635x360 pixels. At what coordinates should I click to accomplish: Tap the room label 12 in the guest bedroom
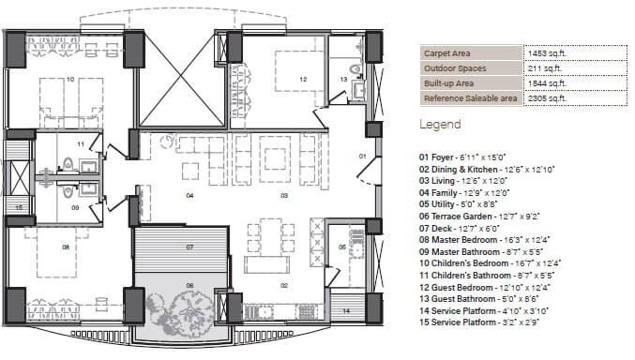[x=303, y=80]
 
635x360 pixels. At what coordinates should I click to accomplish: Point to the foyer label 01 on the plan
[x=362, y=156]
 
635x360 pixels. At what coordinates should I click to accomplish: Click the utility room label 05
[x=341, y=247]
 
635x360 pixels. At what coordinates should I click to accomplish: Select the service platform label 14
[x=345, y=309]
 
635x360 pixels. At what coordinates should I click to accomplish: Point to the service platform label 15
[x=18, y=206]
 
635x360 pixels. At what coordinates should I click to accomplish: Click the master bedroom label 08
[x=66, y=247]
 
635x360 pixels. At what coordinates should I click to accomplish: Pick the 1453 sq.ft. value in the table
[x=547, y=53]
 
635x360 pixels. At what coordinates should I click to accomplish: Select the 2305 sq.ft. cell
[x=547, y=97]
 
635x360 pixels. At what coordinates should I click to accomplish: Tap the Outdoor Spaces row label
[x=454, y=68]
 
